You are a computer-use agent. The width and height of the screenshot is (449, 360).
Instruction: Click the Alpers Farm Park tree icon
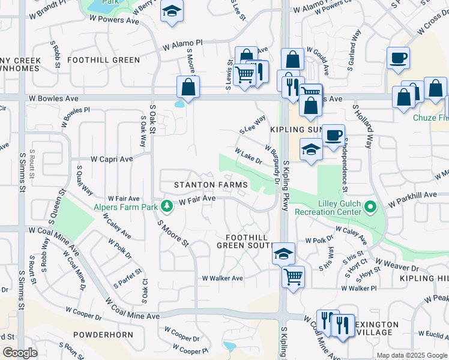167,207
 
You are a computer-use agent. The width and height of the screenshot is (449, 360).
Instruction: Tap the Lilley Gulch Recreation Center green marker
370,208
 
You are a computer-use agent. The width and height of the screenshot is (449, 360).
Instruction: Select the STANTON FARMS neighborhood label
203,185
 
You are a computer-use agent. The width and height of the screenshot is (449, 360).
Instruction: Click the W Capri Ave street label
112,160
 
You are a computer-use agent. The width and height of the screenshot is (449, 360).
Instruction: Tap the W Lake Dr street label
249,157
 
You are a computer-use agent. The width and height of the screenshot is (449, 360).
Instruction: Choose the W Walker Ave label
222,278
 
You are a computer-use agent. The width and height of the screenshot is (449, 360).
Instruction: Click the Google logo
20,353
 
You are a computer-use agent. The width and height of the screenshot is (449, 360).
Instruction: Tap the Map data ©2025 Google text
411,355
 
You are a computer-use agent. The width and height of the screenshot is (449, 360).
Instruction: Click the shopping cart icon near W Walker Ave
294,277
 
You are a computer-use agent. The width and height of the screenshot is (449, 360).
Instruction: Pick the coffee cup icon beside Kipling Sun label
333,134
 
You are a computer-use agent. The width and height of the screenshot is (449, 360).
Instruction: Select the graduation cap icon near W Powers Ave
172,11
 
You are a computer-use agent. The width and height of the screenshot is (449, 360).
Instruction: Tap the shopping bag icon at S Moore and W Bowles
188,86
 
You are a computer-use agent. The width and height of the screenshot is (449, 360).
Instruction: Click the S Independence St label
345,164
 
